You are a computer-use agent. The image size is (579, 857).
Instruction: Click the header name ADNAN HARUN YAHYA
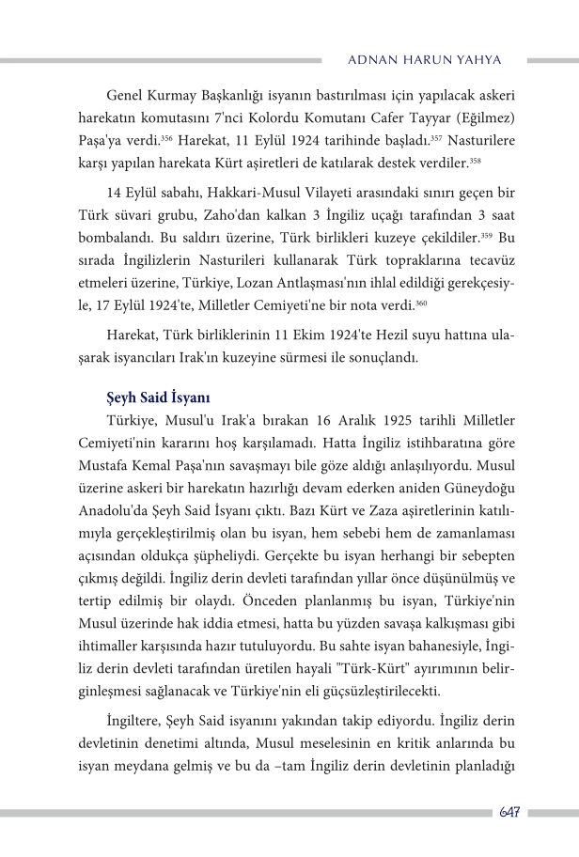click(424, 59)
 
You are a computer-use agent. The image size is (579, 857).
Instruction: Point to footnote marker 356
click(165, 137)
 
